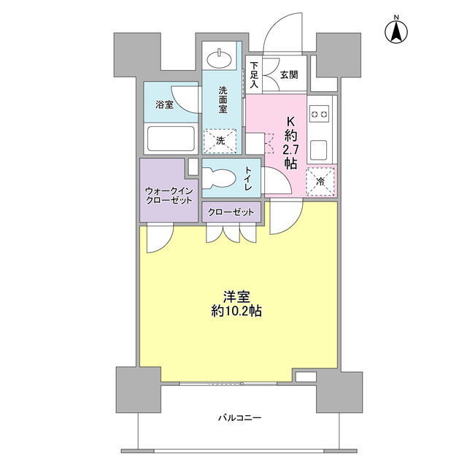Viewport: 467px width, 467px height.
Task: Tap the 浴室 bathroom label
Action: pyautogui.click(x=164, y=104)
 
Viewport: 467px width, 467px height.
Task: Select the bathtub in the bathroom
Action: pyautogui.click(x=171, y=139)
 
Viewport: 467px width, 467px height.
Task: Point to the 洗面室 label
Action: pyautogui.click(x=223, y=100)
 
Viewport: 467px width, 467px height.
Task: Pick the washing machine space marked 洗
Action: pyautogui.click(x=220, y=141)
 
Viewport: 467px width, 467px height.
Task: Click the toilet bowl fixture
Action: pyautogui.click(x=219, y=178)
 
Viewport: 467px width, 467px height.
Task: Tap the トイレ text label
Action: pyautogui.click(x=248, y=178)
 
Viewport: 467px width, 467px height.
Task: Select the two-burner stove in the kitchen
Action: pyautogui.click(x=320, y=114)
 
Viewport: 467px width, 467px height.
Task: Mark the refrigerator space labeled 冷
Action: pyautogui.click(x=320, y=182)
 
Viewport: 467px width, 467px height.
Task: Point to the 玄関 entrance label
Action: pyautogui.click(x=289, y=74)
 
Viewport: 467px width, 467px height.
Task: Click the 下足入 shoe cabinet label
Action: pyautogui.click(x=254, y=74)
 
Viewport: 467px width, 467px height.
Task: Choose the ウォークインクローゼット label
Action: pyautogui.click(x=169, y=196)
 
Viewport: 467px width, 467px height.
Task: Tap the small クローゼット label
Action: pyautogui.click(x=231, y=212)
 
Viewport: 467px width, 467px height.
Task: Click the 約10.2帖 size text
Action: pyautogui.click(x=236, y=311)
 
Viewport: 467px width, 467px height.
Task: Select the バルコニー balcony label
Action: pyautogui.click(x=240, y=418)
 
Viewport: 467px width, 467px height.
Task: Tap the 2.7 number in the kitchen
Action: pyautogui.click(x=290, y=150)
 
